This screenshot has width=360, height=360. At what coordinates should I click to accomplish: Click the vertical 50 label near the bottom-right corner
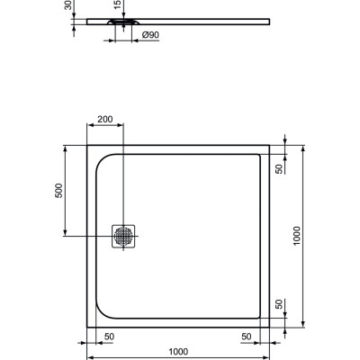coord(280,306)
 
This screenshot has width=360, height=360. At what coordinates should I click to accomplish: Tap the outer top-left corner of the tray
coord(87,144)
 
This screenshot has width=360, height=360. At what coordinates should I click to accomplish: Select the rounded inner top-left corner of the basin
coord(102,158)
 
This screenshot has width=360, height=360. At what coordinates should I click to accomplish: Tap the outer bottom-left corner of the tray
coord(87,328)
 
